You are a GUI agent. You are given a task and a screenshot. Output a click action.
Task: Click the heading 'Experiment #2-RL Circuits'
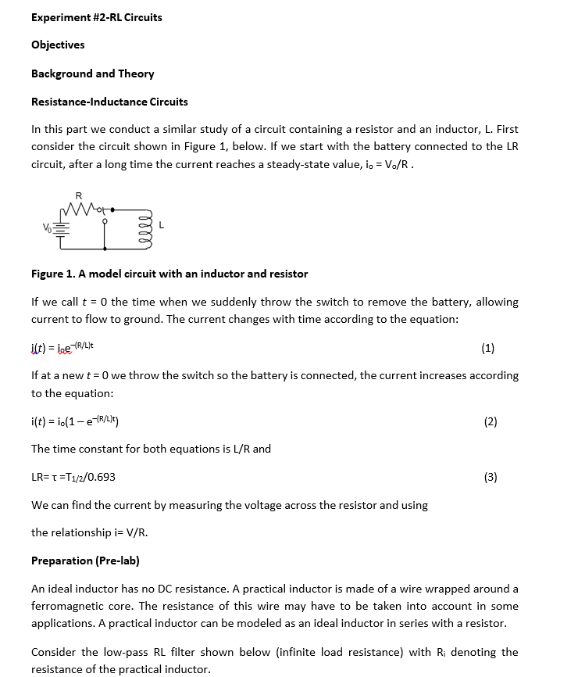[96, 17]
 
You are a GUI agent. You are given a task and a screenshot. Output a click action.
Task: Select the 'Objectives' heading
[58, 45]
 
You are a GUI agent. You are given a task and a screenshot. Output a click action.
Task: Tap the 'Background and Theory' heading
[92, 73]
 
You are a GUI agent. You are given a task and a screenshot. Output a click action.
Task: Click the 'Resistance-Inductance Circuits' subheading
[109, 102]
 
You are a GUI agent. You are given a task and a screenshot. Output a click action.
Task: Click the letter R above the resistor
[78, 195]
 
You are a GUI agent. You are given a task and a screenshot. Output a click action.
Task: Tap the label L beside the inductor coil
[161, 225]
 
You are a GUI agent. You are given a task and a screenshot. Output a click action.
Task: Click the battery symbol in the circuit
[61, 227]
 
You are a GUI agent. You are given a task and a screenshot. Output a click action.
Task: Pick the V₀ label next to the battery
[46, 227]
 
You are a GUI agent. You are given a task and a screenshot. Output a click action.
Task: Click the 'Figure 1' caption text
[169, 274]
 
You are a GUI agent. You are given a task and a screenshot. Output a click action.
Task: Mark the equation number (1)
[488, 348]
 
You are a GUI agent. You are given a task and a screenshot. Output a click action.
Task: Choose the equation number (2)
[490, 422]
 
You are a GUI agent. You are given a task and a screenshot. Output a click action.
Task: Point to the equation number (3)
[490, 478]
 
